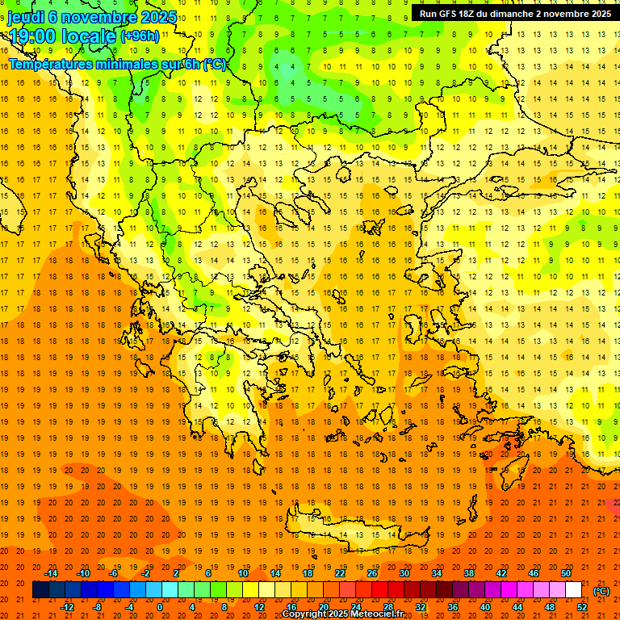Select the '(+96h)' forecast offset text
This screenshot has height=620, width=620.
tap(140, 36)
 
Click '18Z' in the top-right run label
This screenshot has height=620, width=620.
tap(474, 14)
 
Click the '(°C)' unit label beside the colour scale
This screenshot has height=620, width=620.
tap(601, 591)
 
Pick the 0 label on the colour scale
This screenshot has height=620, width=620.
tap(160, 607)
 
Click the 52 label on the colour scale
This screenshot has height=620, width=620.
tap(582, 607)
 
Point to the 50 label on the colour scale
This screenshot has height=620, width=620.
tap(566, 573)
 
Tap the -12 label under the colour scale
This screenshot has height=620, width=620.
tap(67, 607)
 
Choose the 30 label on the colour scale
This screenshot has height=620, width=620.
tap(404, 573)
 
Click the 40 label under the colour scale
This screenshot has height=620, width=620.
tap(485, 607)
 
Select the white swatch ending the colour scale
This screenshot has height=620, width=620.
tap(574, 590)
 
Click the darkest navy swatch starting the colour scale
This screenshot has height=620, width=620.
tap(40, 590)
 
